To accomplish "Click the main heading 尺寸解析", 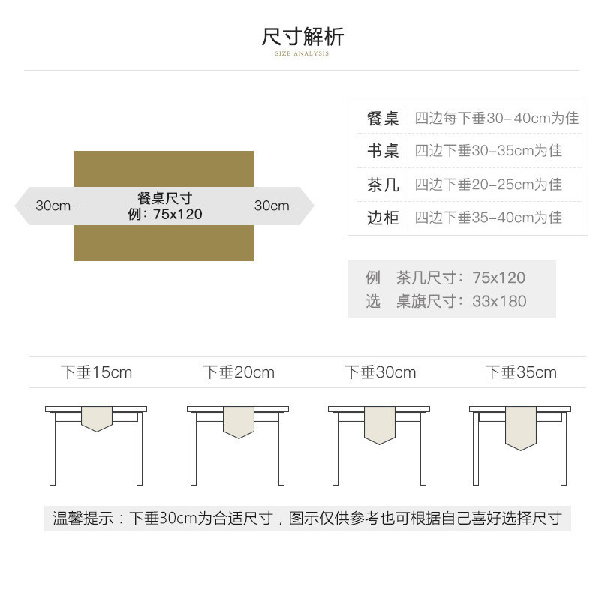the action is pos(303,37).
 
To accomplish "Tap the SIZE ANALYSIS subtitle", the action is pos(302,53).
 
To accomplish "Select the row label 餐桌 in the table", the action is pos(383,119).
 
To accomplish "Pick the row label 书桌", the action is pos(383,151).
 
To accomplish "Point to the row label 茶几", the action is pos(383,185).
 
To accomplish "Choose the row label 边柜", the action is pos(383,218).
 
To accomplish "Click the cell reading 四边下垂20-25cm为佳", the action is pos(488,185).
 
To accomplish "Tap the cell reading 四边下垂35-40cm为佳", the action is pos(488,218).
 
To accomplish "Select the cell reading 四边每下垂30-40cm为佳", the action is pos(497,118).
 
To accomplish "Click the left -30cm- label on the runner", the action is pos(53,206).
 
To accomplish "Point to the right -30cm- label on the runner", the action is pos(272,206).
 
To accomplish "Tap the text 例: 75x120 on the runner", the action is pos(165,215).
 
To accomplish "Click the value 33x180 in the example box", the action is pos(499,302).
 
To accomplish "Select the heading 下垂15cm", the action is pos(96,372).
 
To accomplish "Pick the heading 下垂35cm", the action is pos(521,372).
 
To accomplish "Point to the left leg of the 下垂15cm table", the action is pos(53,449).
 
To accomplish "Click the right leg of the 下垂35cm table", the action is pos(564,449).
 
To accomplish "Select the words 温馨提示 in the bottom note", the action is pos(83,518).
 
